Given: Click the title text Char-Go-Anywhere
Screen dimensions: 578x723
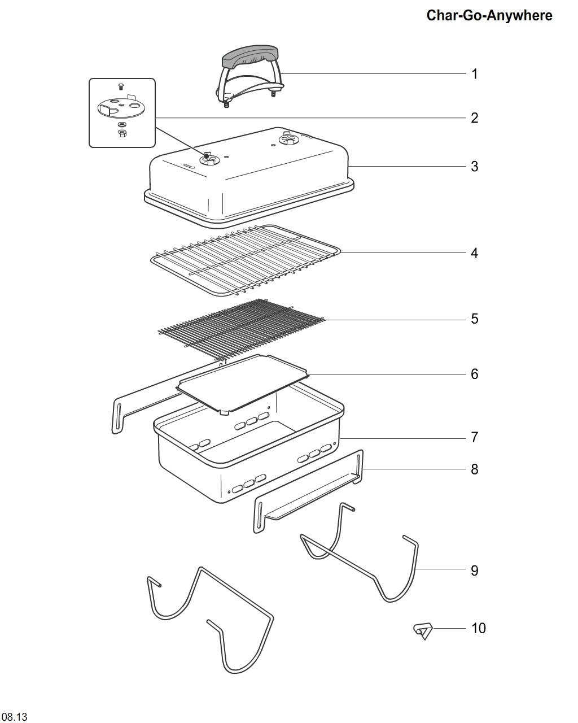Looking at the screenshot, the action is [489, 16].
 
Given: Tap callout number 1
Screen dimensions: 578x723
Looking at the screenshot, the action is [475, 74].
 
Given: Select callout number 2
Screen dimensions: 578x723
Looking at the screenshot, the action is [475, 118].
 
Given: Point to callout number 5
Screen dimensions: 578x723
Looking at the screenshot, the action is [475, 319].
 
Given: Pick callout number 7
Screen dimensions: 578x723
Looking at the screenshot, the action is [475, 437].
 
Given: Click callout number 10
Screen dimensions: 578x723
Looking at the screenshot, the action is [479, 628].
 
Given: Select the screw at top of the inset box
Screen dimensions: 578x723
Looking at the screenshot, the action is [121, 88].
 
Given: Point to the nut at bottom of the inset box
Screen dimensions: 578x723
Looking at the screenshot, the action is [122, 133].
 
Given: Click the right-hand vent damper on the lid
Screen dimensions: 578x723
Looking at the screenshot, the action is [289, 139].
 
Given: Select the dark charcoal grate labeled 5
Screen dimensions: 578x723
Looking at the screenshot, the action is [241, 328].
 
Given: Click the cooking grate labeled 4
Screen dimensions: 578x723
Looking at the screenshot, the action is [245, 260].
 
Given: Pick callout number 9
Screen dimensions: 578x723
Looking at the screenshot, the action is [475, 570].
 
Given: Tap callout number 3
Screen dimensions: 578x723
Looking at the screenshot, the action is [475, 166].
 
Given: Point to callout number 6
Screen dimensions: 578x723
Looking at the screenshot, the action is [475, 374].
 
